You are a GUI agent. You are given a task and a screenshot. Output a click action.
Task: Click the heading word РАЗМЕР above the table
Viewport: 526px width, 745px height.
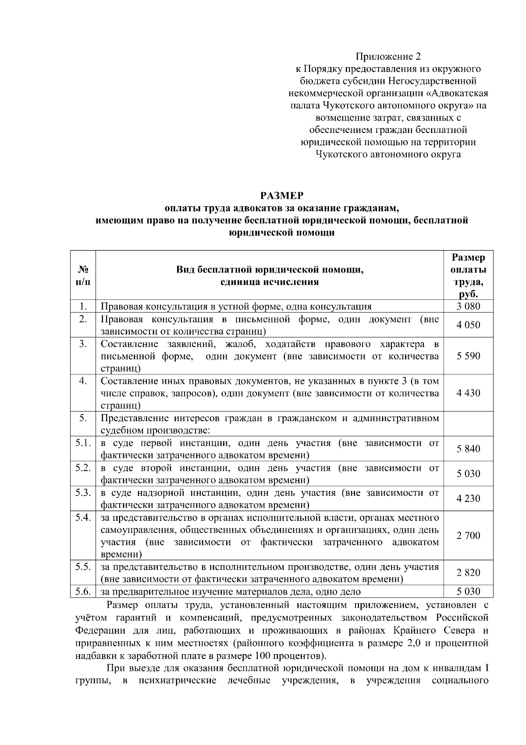[281, 195]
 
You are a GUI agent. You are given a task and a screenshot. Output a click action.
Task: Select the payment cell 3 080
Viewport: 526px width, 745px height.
[468, 306]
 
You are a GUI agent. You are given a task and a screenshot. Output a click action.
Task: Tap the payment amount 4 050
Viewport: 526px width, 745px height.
[468, 325]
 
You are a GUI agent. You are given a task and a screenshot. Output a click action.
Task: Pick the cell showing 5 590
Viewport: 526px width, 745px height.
[468, 356]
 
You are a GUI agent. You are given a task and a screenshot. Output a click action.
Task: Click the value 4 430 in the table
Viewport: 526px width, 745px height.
[468, 393]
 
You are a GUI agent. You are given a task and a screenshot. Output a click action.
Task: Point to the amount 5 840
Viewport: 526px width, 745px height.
[468, 449]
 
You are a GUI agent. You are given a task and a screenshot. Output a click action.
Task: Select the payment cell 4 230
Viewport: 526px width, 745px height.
[468, 498]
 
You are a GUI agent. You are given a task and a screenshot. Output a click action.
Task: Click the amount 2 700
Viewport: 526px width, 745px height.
[468, 536]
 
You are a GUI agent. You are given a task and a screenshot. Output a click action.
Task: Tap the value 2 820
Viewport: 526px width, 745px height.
[468, 573]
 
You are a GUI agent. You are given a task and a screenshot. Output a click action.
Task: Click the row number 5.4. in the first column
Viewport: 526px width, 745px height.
[83, 518]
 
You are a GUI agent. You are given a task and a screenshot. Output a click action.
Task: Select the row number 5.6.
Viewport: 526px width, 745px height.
[83, 592]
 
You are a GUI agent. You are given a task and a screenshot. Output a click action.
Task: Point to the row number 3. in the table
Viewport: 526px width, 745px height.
[83, 344]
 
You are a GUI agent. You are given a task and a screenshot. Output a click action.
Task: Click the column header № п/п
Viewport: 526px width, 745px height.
[83, 276]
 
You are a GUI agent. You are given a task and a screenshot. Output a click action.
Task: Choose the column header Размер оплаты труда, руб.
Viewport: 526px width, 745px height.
[468, 276]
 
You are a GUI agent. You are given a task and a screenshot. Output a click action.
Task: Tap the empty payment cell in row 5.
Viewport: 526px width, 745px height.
[468, 424]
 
